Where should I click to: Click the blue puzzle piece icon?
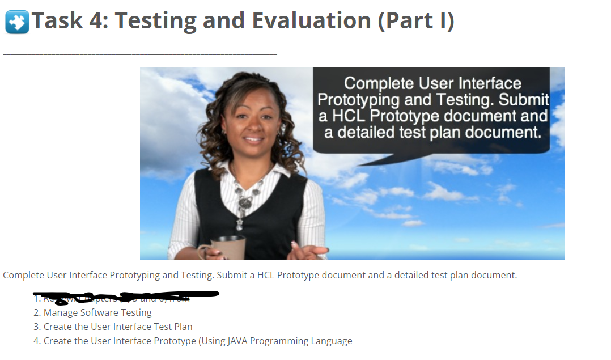click(x=17, y=22)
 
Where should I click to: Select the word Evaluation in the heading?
click(x=311, y=21)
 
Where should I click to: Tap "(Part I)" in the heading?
click(x=416, y=21)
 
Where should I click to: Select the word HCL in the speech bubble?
click(x=351, y=116)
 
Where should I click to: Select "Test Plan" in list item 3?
click(x=173, y=327)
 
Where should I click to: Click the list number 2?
click(x=36, y=312)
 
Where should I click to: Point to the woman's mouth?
click(x=253, y=139)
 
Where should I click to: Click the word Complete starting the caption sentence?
click(x=23, y=276)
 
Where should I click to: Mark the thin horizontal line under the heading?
click(x=140, y=54)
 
